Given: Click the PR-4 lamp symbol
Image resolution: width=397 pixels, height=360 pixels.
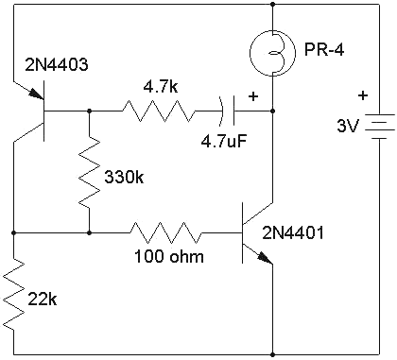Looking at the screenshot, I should [x=271, y=52].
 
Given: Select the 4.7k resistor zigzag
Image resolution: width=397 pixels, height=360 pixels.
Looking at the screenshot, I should [x=158, y=111].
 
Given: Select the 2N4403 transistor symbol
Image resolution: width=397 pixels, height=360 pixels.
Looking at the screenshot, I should [x=36, y=111].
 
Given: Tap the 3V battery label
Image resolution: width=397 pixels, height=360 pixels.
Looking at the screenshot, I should [x=349, y=125].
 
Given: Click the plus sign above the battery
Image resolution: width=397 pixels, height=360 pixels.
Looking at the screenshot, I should [x=362, y=94].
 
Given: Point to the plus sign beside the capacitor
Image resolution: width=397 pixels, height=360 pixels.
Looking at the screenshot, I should [x=252, y=95].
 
